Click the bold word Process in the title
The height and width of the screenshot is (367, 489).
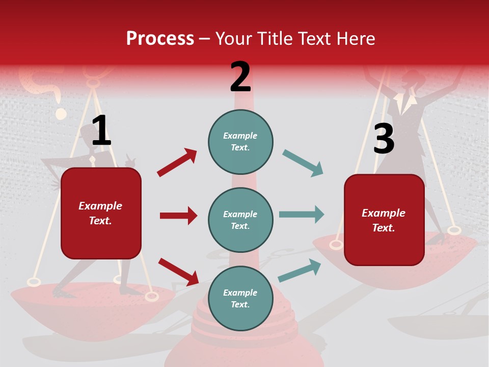[160, 39]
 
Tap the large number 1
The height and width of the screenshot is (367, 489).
[101, 131]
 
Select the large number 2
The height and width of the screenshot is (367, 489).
[240, 77]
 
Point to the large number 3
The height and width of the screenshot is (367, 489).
[384, 139]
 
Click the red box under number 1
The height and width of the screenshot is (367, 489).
[101, 213]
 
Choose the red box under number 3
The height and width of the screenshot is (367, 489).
[384, 220]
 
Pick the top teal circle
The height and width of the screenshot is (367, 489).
[240, 142]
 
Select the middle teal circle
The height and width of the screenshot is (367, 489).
[240, 220]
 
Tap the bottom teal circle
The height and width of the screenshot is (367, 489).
[240, 298]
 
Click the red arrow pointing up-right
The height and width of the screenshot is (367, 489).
[177, 163]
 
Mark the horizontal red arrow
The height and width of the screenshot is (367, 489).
[178, 216]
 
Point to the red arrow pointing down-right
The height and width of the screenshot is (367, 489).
[178, 272]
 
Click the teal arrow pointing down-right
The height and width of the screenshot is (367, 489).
[303, 163]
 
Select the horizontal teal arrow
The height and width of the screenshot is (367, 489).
[302, 215]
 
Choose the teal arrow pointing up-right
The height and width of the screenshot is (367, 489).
[300, 271]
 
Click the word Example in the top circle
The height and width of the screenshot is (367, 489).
[240, 136]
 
